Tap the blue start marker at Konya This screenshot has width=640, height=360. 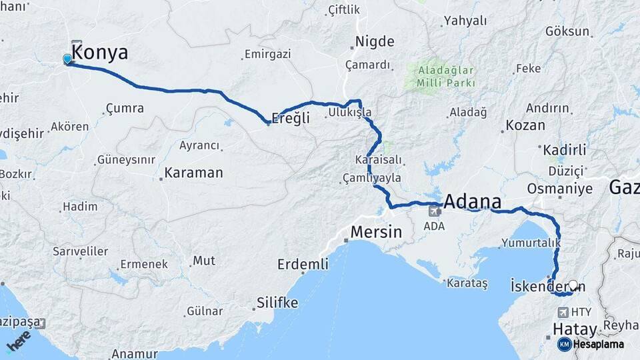[67, 59]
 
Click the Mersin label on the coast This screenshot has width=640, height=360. [377, 233]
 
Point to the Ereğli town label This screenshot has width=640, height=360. [293, 117]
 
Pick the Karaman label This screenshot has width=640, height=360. [193, 173]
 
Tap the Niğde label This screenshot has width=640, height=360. [375, 42]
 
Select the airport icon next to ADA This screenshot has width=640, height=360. [434, 211]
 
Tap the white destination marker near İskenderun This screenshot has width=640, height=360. [573, 285]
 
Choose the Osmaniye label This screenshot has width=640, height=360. [559, 189]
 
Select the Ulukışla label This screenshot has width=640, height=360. [349, 113]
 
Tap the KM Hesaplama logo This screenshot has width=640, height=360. [591, 344]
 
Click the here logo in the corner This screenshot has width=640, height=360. [19, 341]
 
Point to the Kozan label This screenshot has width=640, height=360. [525, 125]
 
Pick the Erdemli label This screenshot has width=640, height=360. [303, 265]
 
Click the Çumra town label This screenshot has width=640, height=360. [125, 108]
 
